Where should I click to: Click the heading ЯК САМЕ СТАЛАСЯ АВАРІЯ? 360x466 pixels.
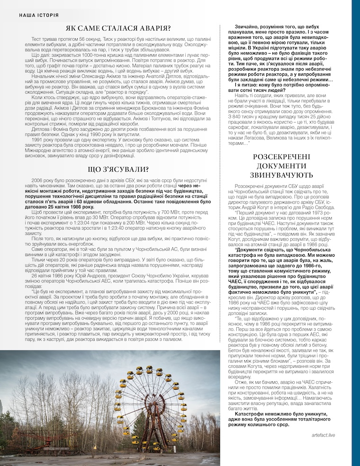coord(118,29)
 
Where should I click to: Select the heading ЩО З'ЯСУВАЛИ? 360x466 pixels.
coord(118,169)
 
